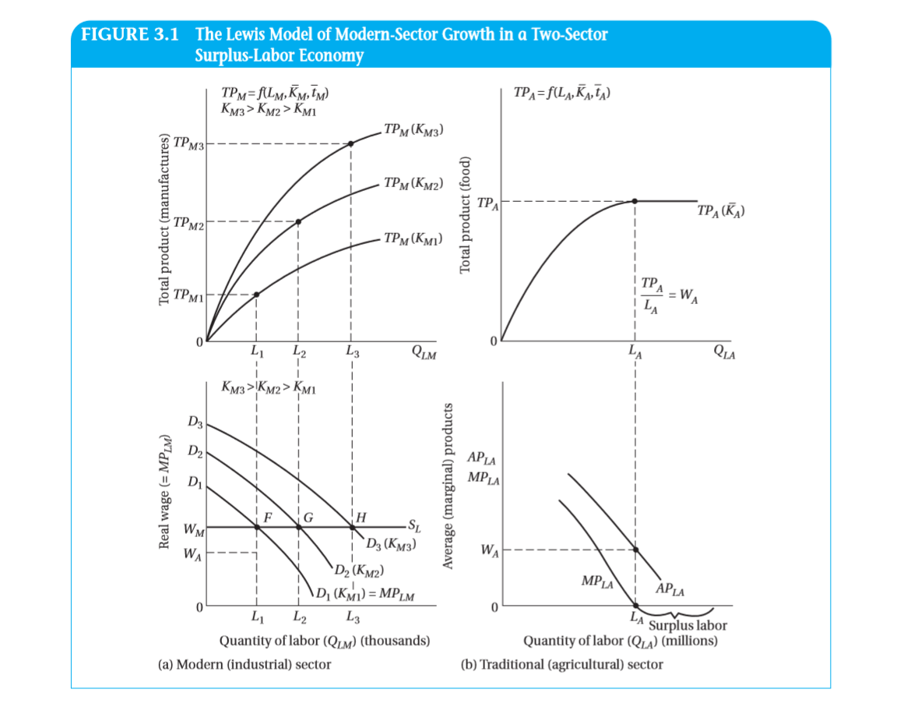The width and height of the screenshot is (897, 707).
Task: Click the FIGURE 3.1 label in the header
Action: tap(129, 36)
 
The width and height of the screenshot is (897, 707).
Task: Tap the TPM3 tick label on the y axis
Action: tap(188, 143)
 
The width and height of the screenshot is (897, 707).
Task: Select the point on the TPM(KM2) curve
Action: tap(299, 221)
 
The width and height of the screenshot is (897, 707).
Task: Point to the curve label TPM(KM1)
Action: tap(413, 239)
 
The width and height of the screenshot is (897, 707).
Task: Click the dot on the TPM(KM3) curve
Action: tap(351, 143)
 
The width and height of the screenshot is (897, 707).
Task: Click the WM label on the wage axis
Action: tap(192, 531)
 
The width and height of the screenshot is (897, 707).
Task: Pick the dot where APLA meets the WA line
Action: tap(636, 550)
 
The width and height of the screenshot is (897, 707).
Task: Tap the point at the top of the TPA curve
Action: tap(635, 201)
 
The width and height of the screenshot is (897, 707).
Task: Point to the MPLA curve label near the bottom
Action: tap(597, 581)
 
